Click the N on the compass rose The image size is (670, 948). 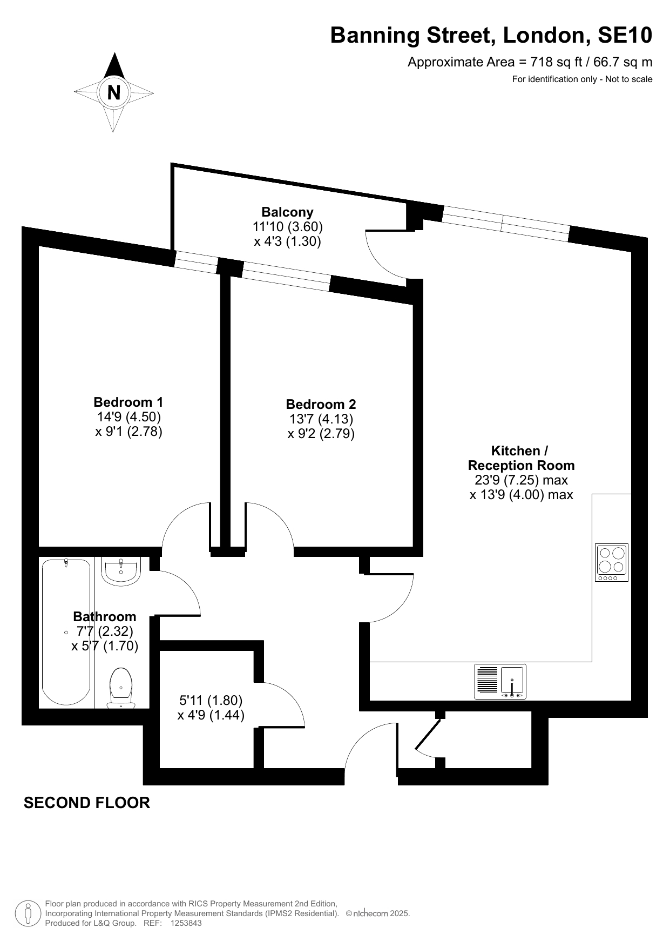(114, 93)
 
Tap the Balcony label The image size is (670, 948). (287, 212)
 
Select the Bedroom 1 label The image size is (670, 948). (128, 402)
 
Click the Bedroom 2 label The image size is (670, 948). (321, 404)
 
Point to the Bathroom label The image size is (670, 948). (105, 616)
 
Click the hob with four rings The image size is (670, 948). (612, 562)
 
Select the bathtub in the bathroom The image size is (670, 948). (66, 632)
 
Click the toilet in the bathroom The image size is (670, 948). (121, 689)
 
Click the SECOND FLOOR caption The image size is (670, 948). (87, 803)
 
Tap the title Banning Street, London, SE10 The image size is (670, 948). (491, 36)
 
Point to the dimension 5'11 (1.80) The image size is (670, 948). (211, 701)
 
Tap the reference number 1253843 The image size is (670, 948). (186, 923)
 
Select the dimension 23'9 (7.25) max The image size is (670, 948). (521, 480)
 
